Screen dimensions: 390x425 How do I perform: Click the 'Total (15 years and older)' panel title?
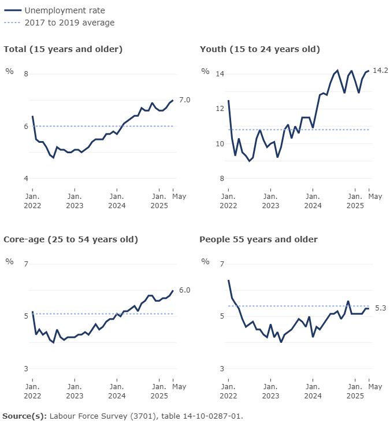coord(63,49)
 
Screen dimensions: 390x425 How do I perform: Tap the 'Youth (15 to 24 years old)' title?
coord(260,49)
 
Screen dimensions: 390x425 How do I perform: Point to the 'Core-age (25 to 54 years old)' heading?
coord(70,239)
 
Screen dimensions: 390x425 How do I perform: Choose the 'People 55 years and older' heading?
coord(259,239)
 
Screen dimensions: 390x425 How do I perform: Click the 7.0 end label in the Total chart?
coord(185,100)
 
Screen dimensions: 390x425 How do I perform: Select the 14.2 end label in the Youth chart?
coord(381,71)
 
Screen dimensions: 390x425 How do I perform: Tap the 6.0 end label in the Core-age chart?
coord(185,290)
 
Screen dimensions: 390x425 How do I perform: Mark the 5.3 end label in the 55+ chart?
coord(381,308)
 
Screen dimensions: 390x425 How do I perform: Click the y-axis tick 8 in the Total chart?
coord(26,74)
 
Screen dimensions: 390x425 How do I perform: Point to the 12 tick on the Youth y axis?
coord(220,109)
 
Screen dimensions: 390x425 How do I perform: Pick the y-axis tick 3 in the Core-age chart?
coord(26,369)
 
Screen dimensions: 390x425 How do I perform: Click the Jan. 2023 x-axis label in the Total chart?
coord(75,201)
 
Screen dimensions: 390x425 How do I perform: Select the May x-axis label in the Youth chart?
coord(375,197)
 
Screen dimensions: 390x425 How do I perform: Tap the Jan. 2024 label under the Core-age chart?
coord(117,391)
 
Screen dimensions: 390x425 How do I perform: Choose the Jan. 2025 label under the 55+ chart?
coord(355,391)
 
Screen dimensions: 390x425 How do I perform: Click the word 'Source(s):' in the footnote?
coord(25,416)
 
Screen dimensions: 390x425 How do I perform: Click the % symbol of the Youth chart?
coord(205,71)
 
